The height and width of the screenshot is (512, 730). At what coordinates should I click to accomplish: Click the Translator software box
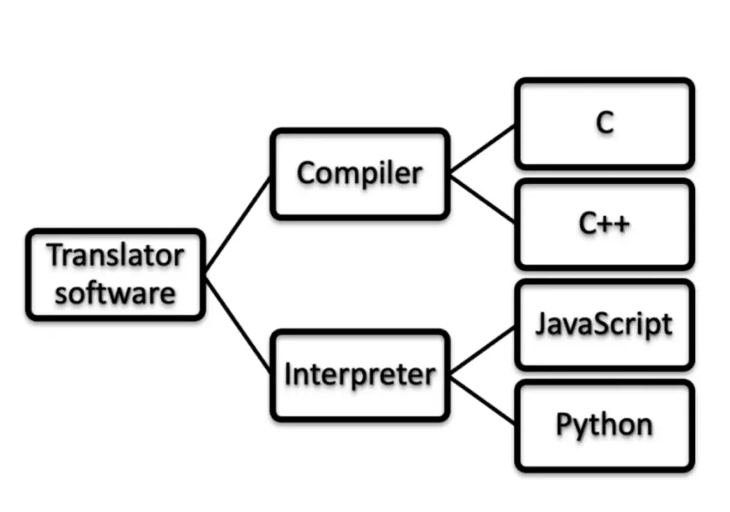tap(115, 275)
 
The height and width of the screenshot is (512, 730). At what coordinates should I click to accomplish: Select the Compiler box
tap(360, 174)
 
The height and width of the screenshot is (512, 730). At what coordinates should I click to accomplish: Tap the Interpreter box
tap(360, 376)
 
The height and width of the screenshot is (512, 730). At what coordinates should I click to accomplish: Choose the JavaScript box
tap(604, 325)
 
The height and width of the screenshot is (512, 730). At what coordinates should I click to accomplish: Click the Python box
tap(604, 425)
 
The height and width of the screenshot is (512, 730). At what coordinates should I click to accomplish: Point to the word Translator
tap(115, 255)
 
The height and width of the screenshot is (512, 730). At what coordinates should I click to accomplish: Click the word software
tap(115, 293)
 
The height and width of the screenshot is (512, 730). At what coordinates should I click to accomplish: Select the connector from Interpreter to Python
tap(483, 400)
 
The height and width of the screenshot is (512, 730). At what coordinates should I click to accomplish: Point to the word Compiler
tap(360, 174)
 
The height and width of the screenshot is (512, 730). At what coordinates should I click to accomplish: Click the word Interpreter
tap(360, 375)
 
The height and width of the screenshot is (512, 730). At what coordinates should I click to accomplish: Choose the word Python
tap(604, 425)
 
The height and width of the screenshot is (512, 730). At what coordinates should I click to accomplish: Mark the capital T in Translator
tap(55, 255)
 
